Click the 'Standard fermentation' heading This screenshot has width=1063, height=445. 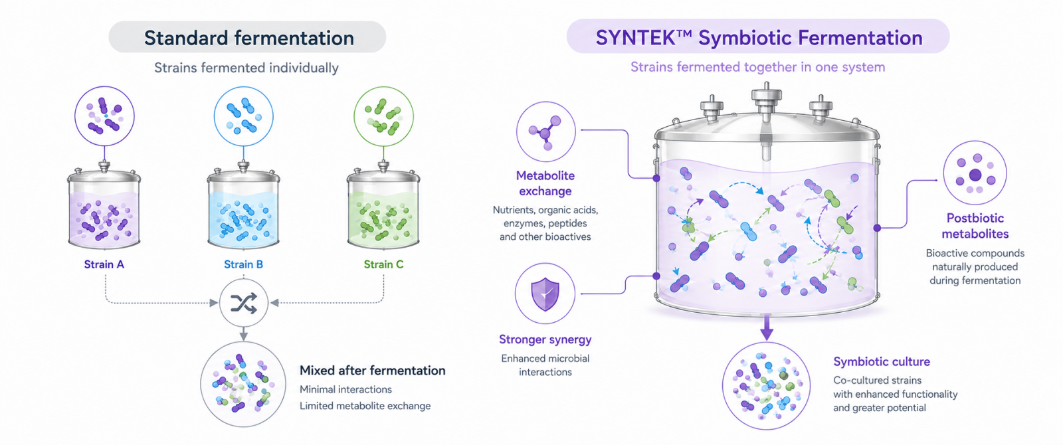point(249,38)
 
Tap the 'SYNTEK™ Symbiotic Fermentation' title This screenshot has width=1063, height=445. point(759,38)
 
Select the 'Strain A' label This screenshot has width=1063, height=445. point(104,264)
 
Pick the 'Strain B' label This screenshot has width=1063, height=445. point(243,264)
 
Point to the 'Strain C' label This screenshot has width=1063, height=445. point(383,264)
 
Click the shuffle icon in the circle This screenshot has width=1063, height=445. point(244,303)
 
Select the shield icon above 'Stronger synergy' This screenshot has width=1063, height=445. point(545,294)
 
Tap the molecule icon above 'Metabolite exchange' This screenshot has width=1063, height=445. point(545,133)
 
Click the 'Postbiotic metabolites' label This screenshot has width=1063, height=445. point(975,226)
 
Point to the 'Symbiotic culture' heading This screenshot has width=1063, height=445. point(881,361)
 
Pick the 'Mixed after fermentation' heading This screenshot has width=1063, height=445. point(373,371)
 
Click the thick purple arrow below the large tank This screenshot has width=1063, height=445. point(766,328)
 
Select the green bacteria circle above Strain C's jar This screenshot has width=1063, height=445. point(383,116)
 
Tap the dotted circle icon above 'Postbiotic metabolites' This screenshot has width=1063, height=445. point(975,173)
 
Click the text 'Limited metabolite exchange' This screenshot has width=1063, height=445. point(365,406)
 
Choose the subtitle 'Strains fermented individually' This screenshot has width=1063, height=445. point(246,68)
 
